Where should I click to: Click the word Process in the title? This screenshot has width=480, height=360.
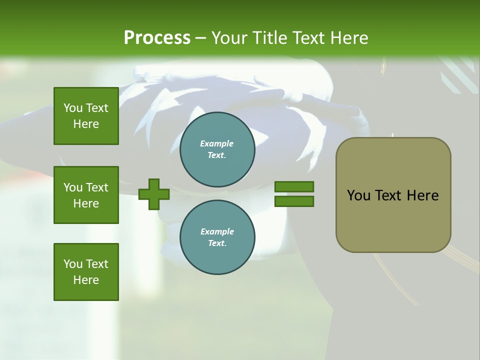click(157, 38)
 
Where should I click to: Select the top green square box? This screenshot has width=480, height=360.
click(86, 116)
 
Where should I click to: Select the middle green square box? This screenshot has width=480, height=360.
click(86, 195)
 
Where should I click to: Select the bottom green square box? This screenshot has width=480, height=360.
click(86, 272)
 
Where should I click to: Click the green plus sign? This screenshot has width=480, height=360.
click(153, 194)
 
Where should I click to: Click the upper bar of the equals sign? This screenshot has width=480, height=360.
click(294, 186)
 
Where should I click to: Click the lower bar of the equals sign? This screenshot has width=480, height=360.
click(294, 201)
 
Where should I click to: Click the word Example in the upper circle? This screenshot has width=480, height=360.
click(217, 143)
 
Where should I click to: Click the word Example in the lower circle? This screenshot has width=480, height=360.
click(217, 231)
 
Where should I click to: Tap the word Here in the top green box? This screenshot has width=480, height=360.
click(86, 124)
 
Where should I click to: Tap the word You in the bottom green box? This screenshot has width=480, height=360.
click(72, 264)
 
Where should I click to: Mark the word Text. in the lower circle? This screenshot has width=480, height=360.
click(217, 243)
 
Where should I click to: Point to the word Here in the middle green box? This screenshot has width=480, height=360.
click(86, 203)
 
